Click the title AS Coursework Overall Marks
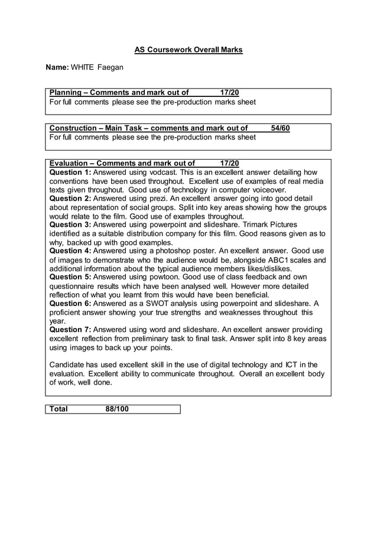point(188,50)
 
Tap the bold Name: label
point(58,69)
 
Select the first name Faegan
point(110,69)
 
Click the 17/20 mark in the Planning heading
point(229,93)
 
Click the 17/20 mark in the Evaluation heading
point(229,164)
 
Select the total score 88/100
point(117,409)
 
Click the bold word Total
point(58,409)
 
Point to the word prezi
point(167,199)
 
